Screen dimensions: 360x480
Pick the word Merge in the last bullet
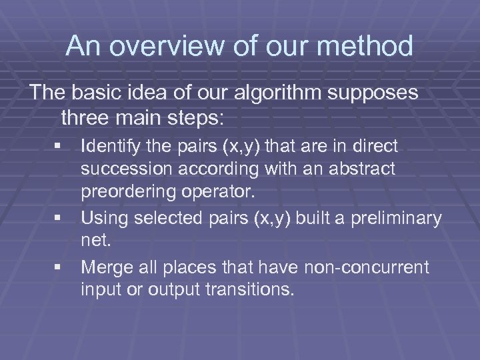pyautogui.click(x=103, y=267)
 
